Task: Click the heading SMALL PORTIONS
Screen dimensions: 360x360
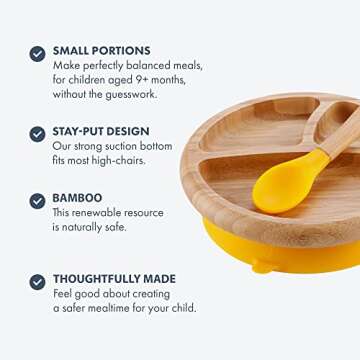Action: point(102,50)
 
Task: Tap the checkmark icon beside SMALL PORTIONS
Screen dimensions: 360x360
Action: point(37,53)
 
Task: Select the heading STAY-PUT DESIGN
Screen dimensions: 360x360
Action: point(101,131)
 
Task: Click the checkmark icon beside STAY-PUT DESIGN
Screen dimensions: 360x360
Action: point(37,134)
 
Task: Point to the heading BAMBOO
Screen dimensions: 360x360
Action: point(78,198)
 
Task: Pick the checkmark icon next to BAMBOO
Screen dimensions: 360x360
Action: point(37,201)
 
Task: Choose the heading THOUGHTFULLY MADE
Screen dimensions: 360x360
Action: point(114,279)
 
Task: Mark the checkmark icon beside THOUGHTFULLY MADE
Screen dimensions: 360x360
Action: point(37,282)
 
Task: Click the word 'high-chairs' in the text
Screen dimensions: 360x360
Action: point(121,160)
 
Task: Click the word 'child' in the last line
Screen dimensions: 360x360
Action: point(182,308)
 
